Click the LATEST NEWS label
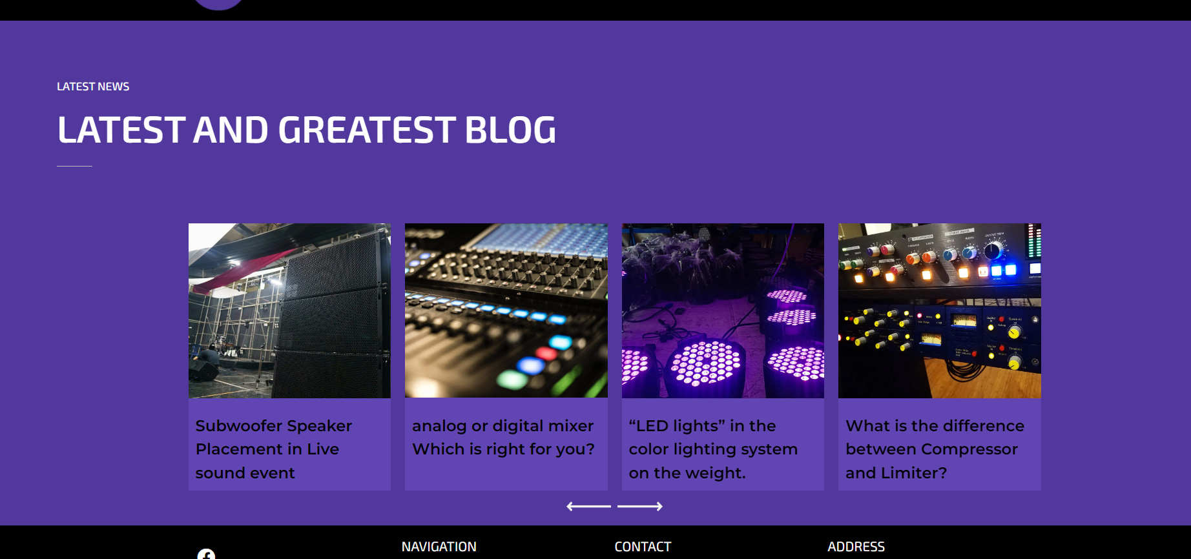[x=93, y=86]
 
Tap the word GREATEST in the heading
[x=366, y=130]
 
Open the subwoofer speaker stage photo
[x=289, y=310]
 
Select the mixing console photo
[x=506, y=310]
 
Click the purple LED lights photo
[x=723, y=310]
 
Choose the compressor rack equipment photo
[x=940, y=310]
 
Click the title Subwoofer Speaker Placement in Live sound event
[x=274, y=449]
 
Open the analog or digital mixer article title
[x=503, y=437]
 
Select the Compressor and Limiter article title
[x=935, y=449]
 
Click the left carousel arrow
[x=588, y=507]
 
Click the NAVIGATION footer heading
[x=439, y=547]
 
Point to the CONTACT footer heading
[x=643, y=547]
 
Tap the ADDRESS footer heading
[x=856, y=547]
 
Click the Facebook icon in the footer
[x=206, y=554]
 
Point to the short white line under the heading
[x=74, y=166]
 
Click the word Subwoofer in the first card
[x=238, y=426]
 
